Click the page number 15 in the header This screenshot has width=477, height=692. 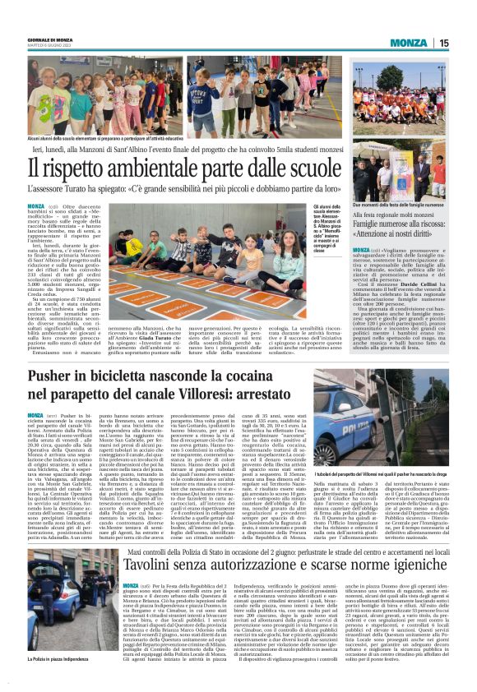[443, 42]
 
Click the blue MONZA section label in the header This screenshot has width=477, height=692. [409, 42]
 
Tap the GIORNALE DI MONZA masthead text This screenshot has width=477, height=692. [44, 39]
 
